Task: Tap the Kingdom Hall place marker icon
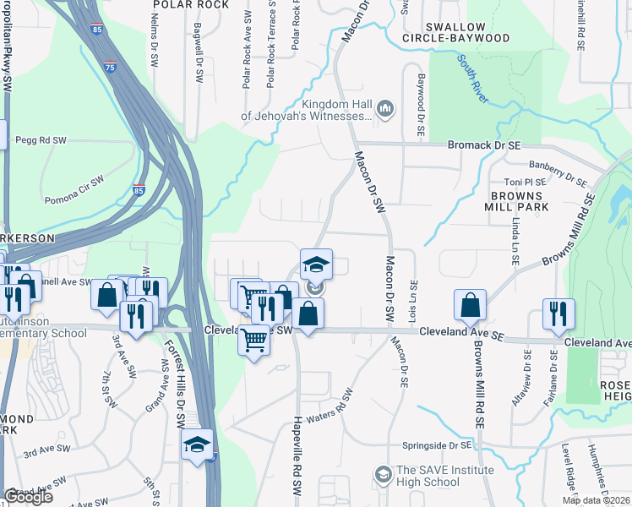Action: tap(386, 107)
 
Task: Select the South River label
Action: tap(473, 78)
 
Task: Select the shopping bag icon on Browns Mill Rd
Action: tap(471, 306)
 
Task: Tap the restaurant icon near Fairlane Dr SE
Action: tap(558, 313)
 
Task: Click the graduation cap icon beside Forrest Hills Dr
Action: tap(196, 444)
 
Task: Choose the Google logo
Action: tap(27, 497)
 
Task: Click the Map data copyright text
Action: tap(597, 500)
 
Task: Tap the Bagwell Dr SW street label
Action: tap(199, 59)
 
